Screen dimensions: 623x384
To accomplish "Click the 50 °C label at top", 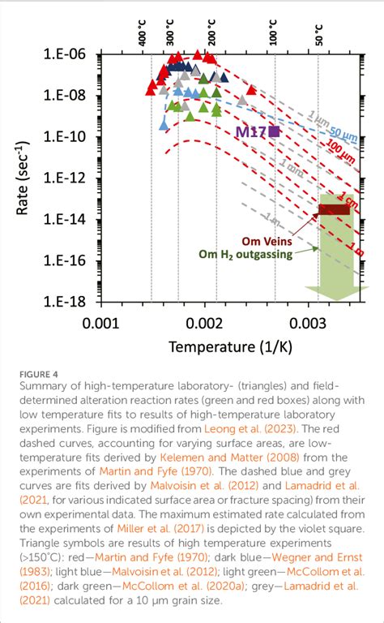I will pyautogui.click(x=318, y=33).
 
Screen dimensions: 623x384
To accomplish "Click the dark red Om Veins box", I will pyautogui.click(x=333, y=209).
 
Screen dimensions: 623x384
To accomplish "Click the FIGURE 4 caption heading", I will pyautogui.click(x=40, y=375).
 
